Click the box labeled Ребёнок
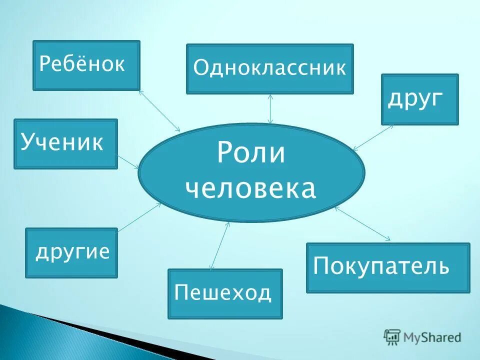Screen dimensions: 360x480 [x=86, y=65]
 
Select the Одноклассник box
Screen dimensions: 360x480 [x=269, y=68]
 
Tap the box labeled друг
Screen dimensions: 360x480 [x=419, y=99]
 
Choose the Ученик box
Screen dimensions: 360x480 [x=65, y=143]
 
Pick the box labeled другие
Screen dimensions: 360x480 [x=71, y=252]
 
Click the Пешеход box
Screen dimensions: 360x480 [x=225, y=293]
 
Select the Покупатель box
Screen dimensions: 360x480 [x=387, y=267]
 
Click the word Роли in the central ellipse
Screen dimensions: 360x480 [x=251, y=153]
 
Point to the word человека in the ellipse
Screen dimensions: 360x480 [x=251, y=189]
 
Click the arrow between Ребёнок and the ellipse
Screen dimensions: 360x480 [x=159, y=110]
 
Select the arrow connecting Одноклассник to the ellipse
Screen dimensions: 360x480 [x=270, y=108]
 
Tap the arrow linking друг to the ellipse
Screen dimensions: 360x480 [x=373, y=137]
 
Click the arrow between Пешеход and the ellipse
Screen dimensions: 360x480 [x=220, y=246]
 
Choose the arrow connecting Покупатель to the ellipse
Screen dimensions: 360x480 [x=362, y=223]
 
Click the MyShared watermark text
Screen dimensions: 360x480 [x=432, y=337]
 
